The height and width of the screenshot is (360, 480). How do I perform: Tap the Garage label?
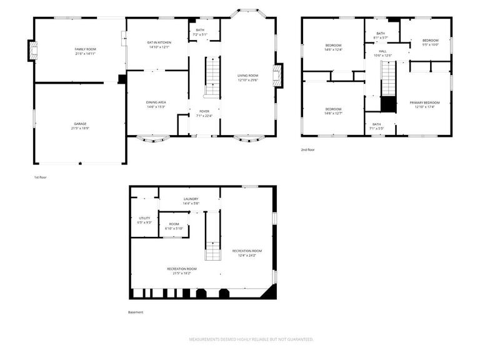[80, 124]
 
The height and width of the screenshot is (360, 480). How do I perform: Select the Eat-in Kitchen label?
[158, 42]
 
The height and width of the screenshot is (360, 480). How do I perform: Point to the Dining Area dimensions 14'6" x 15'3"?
[156, 106]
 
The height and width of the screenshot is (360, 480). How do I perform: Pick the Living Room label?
[248, 75]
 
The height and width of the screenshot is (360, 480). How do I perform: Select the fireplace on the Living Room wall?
[279, 74]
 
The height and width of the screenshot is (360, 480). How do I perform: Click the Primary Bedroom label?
[424, 102]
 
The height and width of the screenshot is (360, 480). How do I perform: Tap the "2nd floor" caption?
[307, 150]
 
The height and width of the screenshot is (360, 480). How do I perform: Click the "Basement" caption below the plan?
[136, 312]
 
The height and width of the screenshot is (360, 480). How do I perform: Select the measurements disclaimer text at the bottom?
[251, 339]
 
